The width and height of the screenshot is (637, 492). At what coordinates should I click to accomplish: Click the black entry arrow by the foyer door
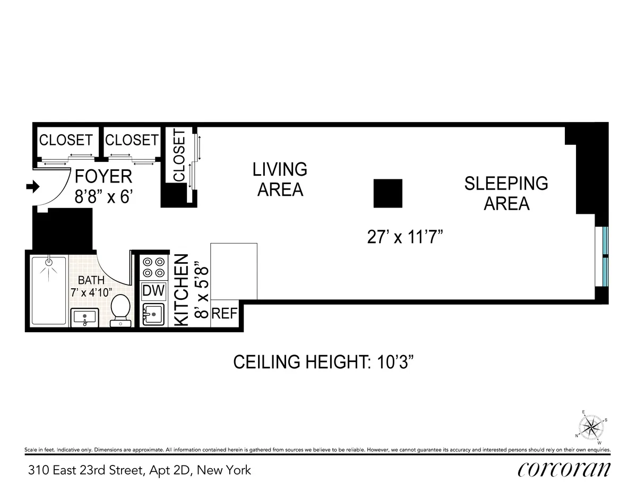point(33,187)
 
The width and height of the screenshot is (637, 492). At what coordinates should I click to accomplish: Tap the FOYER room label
point(103,176)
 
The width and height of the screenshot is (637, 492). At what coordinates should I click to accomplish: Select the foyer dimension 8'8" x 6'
point(102,196)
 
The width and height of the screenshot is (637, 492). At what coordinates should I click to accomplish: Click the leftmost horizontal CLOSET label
point(66,140)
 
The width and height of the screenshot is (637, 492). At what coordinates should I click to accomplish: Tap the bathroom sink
point(85,317)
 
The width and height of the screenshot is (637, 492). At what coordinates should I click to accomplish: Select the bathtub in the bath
point(49,290)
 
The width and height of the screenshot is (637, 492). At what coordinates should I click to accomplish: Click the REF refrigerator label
point(224,314)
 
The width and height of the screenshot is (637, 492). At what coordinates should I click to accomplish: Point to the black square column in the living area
point(388,193)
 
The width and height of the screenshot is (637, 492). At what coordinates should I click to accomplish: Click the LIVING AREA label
point(280,179)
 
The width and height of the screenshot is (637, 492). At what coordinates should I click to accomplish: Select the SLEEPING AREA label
point(506,193)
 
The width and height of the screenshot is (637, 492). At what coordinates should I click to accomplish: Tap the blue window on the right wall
point(606,257)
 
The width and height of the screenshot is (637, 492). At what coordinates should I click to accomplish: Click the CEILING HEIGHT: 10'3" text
point(324,363)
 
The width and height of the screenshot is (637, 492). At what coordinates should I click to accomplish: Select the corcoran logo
point(564,469)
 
